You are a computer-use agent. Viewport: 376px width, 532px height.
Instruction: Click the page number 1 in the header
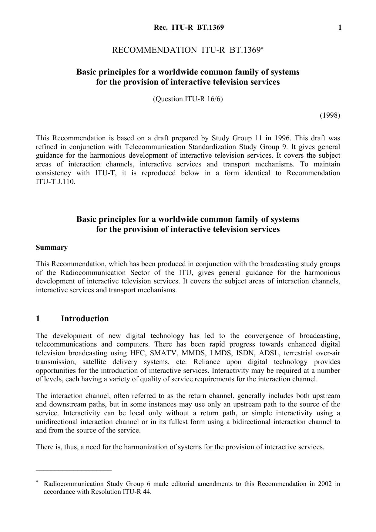click(x=340, y=28)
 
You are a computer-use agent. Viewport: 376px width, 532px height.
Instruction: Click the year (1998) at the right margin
click(x=330, y=115)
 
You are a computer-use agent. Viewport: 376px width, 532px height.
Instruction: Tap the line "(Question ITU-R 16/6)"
click(x=188, y=99)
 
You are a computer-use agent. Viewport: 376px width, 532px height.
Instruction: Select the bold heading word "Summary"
click(x=52, y=248)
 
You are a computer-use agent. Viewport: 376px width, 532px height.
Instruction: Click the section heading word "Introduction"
click(x=85, y=319)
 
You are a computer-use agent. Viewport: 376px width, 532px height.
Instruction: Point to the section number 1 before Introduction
click(x=38, y=319)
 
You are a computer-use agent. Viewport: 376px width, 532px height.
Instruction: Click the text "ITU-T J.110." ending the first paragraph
click(x=55, y=182)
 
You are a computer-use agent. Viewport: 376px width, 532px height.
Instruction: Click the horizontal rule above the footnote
click(x=74, y=470)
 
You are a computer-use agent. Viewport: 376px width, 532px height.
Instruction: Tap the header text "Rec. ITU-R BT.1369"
click(x=189, y=28)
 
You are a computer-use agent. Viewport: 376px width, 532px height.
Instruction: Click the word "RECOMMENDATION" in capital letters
click(x=154, y=50)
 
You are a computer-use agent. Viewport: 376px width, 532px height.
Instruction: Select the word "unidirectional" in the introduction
click(x=57, y=422)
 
